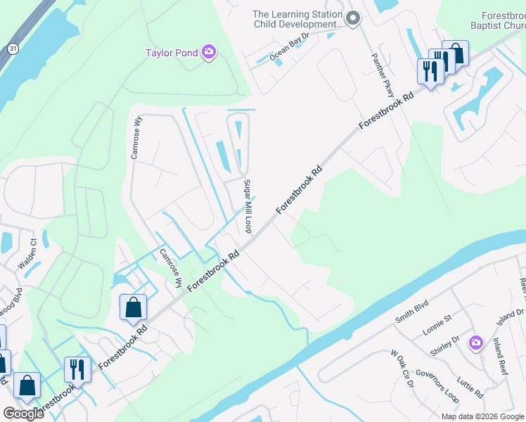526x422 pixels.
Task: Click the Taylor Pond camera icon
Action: [x=208, y=52]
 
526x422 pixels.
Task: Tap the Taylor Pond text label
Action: [x=171, y=53]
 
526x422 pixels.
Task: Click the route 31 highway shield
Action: [x=13, y=48]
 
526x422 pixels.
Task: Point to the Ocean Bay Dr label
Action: [x=289, y=46]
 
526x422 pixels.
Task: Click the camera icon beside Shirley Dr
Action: [x=476, y=342]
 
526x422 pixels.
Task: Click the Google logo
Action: [x=23, y=414]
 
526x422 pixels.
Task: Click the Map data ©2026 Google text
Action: [x=482, y=416]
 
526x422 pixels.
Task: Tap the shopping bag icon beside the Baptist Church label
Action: [x=456, y=53]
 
